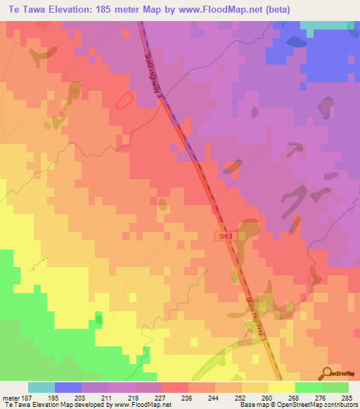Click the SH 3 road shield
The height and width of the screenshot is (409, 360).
(224, 238)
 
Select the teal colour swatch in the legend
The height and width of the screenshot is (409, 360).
(41, 387)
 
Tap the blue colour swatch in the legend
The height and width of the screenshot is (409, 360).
(68, 387)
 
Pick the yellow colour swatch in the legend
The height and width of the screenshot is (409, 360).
(282, 387)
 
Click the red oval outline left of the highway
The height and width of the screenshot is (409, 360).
(122, 100)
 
